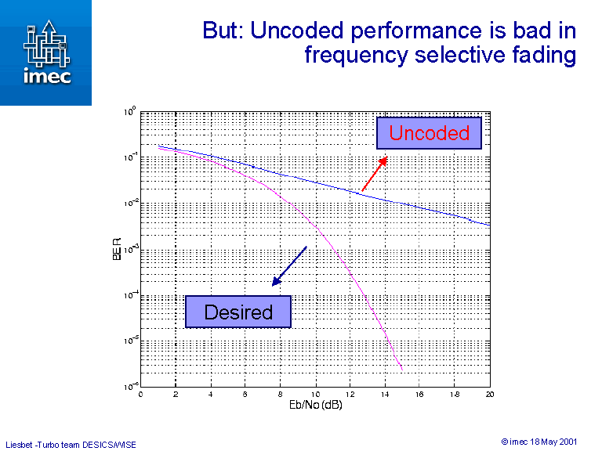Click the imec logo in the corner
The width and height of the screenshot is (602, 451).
45,52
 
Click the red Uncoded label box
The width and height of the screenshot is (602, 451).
429,133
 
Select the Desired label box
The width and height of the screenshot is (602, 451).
238,312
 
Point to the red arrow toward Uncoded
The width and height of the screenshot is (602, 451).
374,173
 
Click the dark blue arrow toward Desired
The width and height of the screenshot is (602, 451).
288,265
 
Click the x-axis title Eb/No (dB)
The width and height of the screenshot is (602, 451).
315,405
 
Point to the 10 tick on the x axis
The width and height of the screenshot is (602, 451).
315,394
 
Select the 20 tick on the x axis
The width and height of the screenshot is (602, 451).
489,394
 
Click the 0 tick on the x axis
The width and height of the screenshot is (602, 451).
141,394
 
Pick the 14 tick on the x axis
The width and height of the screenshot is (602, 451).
385,394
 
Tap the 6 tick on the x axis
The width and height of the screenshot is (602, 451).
245,394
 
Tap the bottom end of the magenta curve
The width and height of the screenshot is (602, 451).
401,368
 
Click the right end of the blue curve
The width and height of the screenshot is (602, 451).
489,225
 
